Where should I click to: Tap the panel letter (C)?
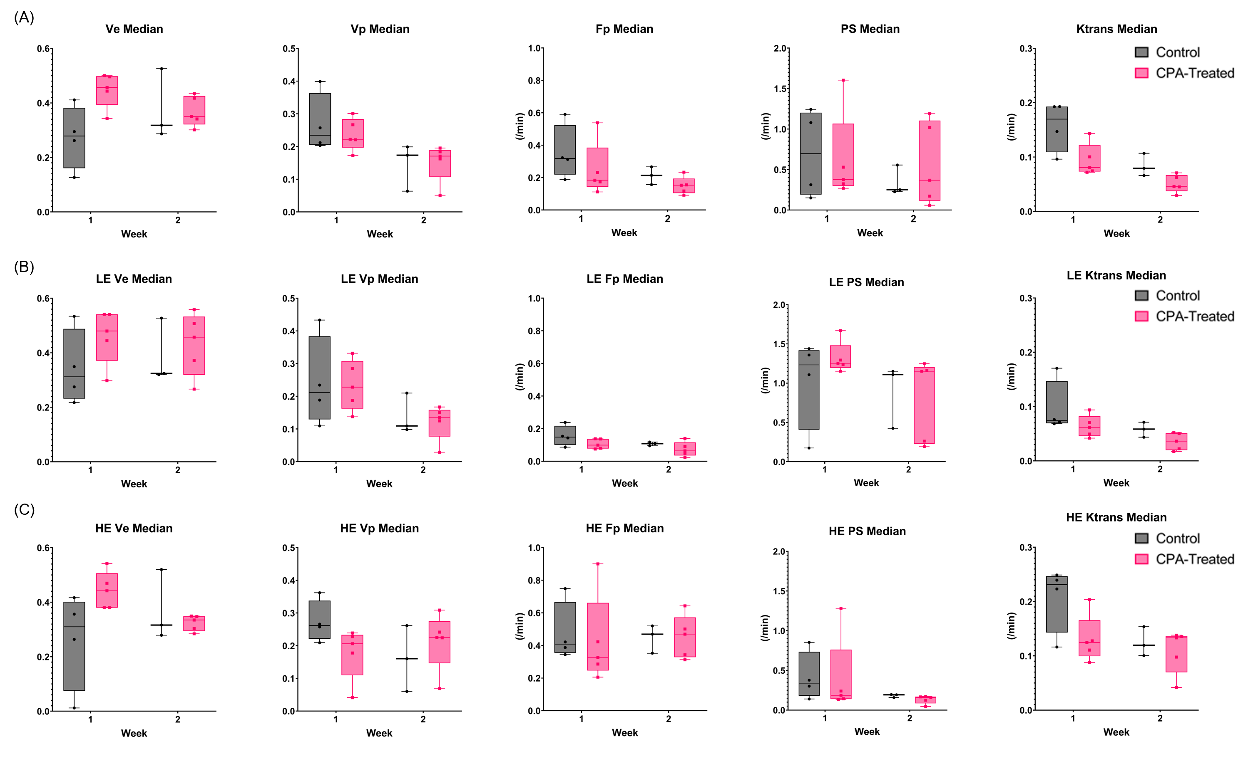pos(24,510)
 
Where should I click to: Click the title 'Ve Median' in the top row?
pos(134,29)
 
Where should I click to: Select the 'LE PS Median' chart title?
pos(866,282)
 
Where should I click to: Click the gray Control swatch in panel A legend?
pos(1141,52)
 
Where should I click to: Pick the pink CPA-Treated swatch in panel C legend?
pos(1141,559)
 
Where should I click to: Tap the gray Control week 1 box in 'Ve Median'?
pos(74,138)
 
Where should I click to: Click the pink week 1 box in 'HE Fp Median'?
pos(598,637)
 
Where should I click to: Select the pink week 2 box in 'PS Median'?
pos(929,160)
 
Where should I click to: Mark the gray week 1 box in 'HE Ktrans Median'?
pos(1057,604)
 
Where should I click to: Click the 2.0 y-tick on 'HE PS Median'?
pos(779,552)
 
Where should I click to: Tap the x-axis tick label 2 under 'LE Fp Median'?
pos(669,470)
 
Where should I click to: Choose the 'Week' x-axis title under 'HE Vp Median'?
pos(379,733)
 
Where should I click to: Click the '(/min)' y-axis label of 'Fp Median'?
pos(520,126)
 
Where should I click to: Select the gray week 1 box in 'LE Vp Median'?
pos(319,378)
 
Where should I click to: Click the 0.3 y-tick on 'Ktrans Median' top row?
pos(1026,49)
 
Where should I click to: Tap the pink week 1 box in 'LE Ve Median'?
pos(107,337)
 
